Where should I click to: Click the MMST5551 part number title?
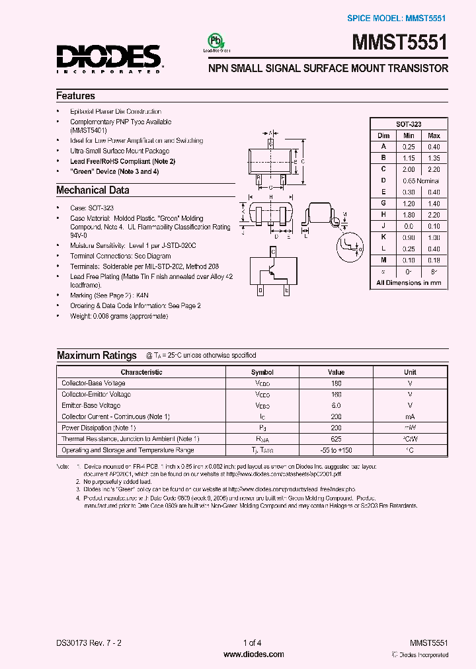pyautogui.click(x=403, y=44)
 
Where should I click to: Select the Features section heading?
pyautogui.click(x=75, y=96)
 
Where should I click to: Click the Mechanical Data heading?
pyautogui.click(x=93, y=190)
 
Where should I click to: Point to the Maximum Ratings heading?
pyautogui.click(x=97, y=356)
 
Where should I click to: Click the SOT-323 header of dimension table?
pyautogui.click(x=409, y=124)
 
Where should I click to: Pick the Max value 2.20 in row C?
pyautogui.click(x=434, y=169)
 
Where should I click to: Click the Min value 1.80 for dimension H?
pyautogui.click(x=409, y=214)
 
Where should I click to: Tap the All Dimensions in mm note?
pyautogui.click(x=409, y=282)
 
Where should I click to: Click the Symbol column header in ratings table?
pyautogui.click(x=262, y=372)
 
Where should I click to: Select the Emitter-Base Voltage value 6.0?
pyautogui.click(x=336, y=405)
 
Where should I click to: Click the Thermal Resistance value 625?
pyautogui.click(x=336, y=439)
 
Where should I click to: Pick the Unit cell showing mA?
pyautogui.click(x=410, y=416)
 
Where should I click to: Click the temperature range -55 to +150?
pyautogui.click(x=336, y=450)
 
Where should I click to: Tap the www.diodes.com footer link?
pyautogui.click(x=254, y=654)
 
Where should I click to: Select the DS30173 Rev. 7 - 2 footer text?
pyautogui.click(x=90, y=643)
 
